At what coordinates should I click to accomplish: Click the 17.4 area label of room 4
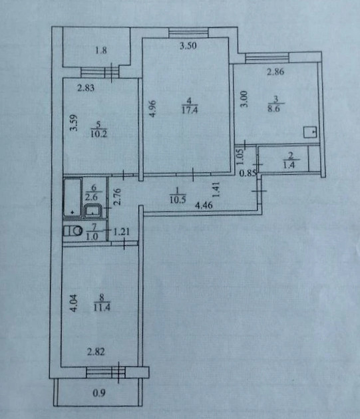[190, 110]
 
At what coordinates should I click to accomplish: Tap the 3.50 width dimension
[188, 46]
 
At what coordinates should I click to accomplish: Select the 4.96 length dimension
[152, 109]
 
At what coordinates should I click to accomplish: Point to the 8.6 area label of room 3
[275, 109]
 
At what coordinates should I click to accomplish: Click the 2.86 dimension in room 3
[275, 72]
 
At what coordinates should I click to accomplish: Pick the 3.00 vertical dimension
[244, 99]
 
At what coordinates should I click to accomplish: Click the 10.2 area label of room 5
[98, 134]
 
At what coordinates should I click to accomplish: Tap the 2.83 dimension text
[86, 88]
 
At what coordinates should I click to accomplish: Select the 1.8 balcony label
[101, 51]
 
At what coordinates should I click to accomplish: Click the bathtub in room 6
[73, 198]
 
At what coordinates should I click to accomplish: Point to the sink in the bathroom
[92, 211]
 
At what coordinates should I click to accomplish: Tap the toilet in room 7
[73, 231]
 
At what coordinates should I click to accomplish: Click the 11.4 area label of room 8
[102, 307]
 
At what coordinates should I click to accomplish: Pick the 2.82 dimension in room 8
[96, 352]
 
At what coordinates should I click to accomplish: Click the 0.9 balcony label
[99, 393]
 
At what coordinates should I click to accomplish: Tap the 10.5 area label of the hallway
[178, 200]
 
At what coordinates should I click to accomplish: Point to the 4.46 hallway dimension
[204, 206]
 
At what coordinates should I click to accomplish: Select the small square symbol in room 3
[310, 132]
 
